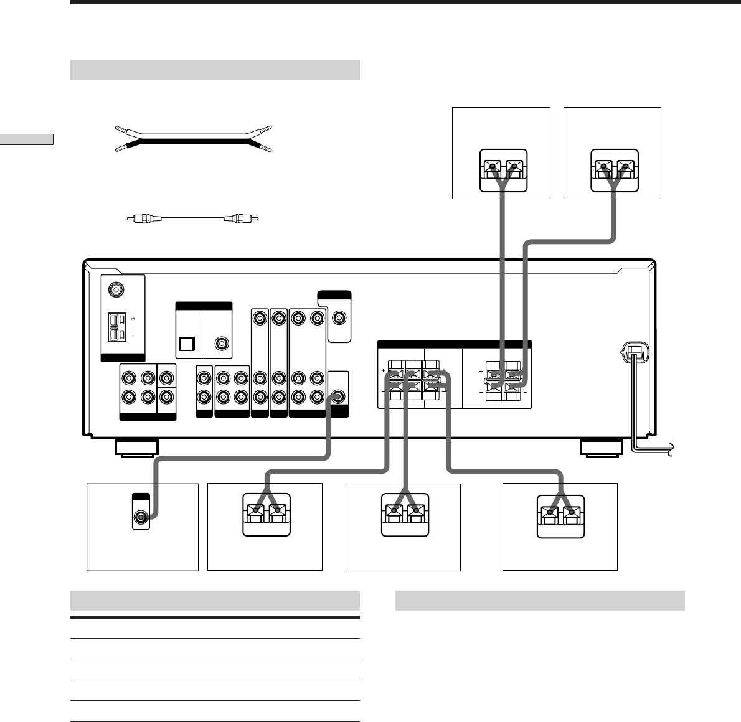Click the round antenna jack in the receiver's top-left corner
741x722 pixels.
pyautogui.click(x=115, y=289)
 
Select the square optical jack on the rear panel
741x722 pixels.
pyautogui.click(x=186, y=344)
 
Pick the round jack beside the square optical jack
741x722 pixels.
pyautogui.click(x=221, y=344)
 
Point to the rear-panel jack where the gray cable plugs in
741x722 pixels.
pyautogui.click(x=337, y=396)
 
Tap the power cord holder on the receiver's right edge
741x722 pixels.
pyautogui.click(x=634, y=354)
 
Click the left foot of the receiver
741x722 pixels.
pyautogui.click(x=136, y=448)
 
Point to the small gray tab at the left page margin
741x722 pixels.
pyautogui.click(x=27, y=139)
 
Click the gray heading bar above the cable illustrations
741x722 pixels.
pyautogui.click(x=215, y=70)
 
